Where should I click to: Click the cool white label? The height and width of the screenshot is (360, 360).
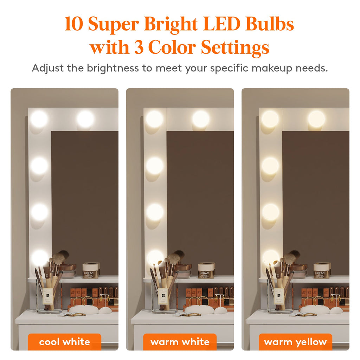point(65,342)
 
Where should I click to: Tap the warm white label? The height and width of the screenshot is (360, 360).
point(180,342)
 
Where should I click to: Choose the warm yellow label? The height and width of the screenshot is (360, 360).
point(295,342)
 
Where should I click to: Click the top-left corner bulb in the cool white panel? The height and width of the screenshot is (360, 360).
point(39,119)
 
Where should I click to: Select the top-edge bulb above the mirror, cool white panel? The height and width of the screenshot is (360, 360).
point(85,119)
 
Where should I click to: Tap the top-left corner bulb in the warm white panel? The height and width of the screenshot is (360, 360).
point(154,119)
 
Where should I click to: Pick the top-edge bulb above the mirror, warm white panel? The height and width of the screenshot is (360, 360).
point(201,119)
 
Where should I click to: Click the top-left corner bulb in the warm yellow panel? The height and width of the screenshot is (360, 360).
point(270,119)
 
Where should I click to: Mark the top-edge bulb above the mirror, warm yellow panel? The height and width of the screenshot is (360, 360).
point(316,119)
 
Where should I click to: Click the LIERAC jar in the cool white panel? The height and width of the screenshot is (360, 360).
point(90,271)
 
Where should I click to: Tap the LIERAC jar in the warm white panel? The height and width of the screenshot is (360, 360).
point(206,271)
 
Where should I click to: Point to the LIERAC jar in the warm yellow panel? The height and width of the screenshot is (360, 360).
point(321,271)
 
